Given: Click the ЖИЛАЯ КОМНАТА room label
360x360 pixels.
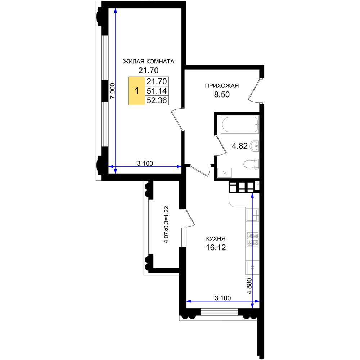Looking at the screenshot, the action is [x=149, y=62].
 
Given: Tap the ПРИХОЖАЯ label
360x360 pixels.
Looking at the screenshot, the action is [x=222, y=86].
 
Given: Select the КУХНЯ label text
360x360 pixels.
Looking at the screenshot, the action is [x=216, y=239].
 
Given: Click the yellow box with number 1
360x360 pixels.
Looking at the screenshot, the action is [x=137, y=91].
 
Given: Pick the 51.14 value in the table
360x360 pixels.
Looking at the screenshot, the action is [x=157, y=91].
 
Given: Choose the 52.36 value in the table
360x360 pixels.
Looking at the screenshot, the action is [x=157, y=100].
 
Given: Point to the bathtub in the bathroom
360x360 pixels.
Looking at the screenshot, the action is [x=240, y=124].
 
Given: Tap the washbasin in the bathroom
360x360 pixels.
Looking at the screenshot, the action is [x=255, y=146].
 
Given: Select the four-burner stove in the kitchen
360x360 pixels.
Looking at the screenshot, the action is [x=253, y=239].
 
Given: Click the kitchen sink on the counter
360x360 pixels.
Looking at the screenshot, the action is [x=253, y=215].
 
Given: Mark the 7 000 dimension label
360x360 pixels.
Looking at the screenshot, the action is [x=112, y=91].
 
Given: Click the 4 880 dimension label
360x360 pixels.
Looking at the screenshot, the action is [x=249, y=286].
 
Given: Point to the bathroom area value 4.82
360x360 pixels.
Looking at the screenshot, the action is [x=240, y=146].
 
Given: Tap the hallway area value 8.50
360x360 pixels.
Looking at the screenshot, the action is [x=222, y=94].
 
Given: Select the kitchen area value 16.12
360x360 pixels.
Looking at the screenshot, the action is [x=216, y=247].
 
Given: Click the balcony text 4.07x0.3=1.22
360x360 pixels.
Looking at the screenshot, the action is [x=166, y=225].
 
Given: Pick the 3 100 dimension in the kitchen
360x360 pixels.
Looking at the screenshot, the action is [x=223, y=298].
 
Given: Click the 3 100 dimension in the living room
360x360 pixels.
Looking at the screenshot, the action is [x=145, y=163].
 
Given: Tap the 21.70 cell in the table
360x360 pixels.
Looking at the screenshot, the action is [x=157, y=81].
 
